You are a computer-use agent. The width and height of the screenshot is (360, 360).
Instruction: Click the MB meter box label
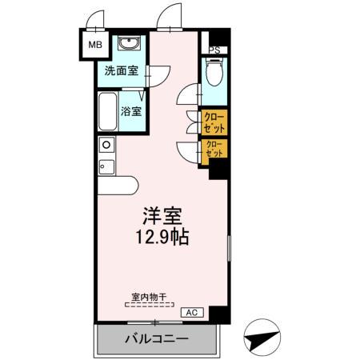tap(94, 46)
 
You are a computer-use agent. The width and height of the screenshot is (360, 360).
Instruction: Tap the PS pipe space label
tap(214, 50)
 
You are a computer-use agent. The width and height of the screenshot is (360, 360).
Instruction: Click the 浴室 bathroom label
tap(132, 110)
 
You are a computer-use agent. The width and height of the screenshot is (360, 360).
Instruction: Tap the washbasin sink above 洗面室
tap(128, 44)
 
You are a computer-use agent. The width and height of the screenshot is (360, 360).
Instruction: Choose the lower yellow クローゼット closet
tap(214, 149)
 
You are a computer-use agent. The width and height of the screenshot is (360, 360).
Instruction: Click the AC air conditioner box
tap(191, 311)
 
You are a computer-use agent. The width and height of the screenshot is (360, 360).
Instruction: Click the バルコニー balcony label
tap(156, 338)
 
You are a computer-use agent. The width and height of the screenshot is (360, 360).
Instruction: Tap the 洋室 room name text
tap(162, 217)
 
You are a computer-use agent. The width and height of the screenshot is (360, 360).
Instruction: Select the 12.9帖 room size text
tap(162, 238)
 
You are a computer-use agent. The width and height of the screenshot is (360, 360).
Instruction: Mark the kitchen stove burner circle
tap(106, 146)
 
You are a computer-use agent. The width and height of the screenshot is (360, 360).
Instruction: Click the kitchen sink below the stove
tap(105, 167)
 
